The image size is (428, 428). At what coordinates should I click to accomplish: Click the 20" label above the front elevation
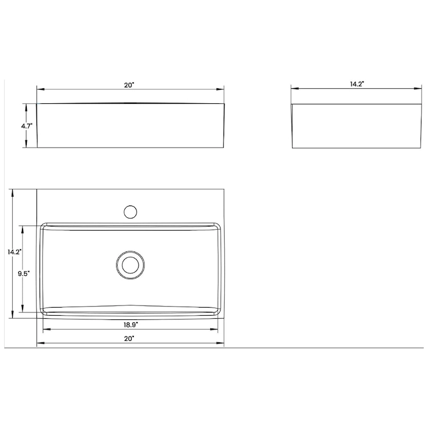pos(129,85)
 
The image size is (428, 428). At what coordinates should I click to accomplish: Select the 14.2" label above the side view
pos(357,84)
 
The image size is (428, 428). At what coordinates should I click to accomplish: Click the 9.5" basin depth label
pos(23,273)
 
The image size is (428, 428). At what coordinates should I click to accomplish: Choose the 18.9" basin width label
pos(129,325)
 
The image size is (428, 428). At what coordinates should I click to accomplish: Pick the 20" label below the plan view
pos(129,338)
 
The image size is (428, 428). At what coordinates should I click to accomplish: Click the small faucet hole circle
pos(129,211)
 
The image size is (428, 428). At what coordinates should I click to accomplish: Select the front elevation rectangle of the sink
pos(131,126)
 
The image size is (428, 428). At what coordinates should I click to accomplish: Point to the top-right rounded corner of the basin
pos(218,227)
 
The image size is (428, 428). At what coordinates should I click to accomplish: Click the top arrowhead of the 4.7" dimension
pos(25,106)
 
